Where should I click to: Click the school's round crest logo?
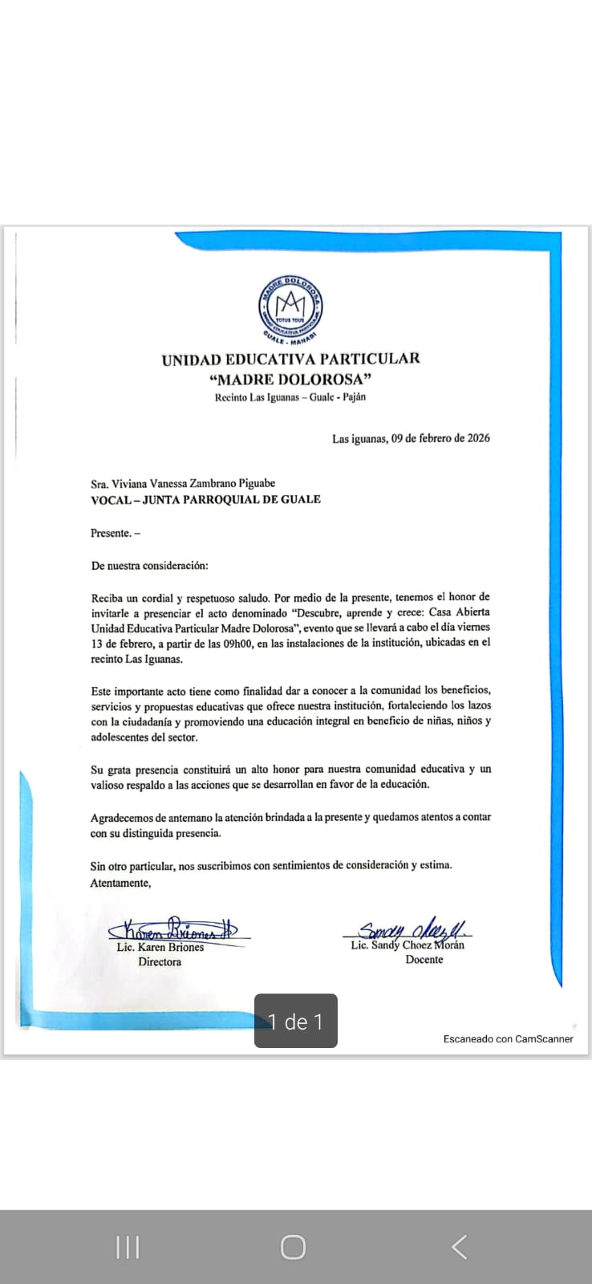(x=290, y=308)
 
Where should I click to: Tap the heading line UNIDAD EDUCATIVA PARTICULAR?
(x=290, y=360)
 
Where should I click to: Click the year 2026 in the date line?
(x=479, y=438)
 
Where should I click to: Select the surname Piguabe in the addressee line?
(x=254, y=483)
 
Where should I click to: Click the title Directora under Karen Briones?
(x=160, y=961)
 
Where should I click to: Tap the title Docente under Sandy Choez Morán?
(x=424, y=960)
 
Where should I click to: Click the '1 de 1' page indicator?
(x=296, y=1022)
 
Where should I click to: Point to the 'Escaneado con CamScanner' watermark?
(x=509, y=1038)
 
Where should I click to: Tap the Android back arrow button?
(x=459, y=1247)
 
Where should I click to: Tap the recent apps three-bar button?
(x=128, y=1247)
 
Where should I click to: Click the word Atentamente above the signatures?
(x=120, y=883)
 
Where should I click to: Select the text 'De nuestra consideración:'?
(x=149, y=565)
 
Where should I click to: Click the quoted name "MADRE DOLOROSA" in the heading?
(x=290, y=379)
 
